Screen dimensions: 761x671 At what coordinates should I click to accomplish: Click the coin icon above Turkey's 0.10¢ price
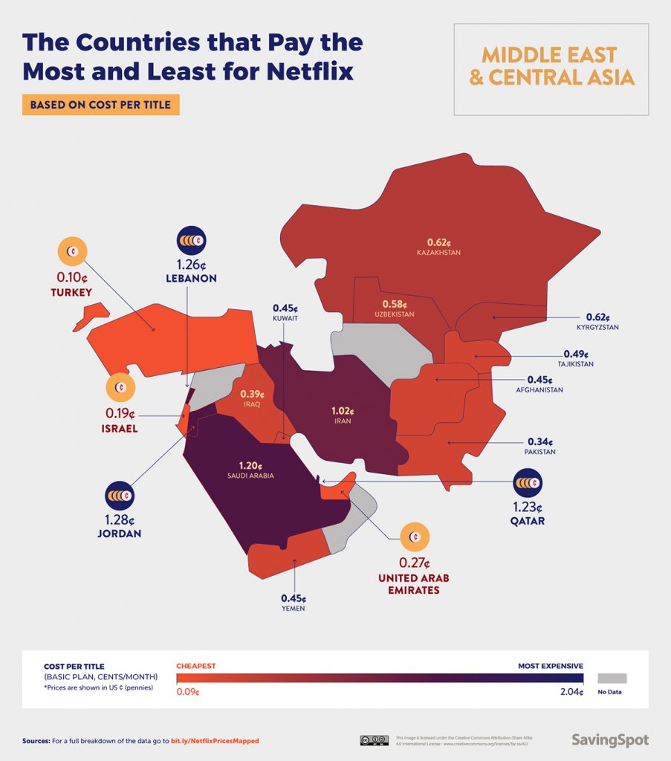click(72, 253)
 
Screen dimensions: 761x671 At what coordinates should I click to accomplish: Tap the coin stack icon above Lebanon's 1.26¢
click(191, 241)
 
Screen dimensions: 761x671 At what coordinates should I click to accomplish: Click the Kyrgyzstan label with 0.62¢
click(597, 321)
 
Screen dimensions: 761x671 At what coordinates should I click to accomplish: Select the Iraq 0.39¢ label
click(252, 398)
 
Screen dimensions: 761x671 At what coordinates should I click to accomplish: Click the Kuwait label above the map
click(285, 313)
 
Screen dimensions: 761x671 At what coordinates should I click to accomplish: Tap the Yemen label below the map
click(293, 603)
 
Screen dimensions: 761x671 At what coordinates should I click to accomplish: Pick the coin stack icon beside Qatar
click(528, 483)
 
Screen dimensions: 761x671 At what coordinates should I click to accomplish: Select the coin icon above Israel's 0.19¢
click(120, 387)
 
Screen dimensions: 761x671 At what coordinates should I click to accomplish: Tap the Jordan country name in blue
click(120, 534)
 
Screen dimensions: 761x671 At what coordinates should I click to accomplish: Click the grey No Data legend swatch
click(612, 678)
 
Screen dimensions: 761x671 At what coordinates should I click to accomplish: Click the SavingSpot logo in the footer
click(609, 739)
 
